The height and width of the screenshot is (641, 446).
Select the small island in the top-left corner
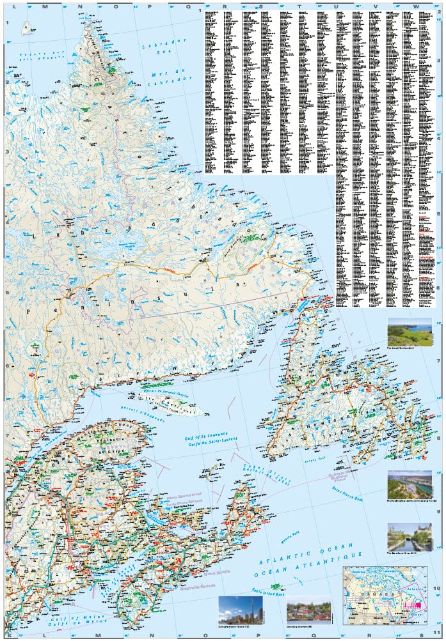pos(28,28)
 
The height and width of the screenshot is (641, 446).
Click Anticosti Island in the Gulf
pos(173,404)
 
